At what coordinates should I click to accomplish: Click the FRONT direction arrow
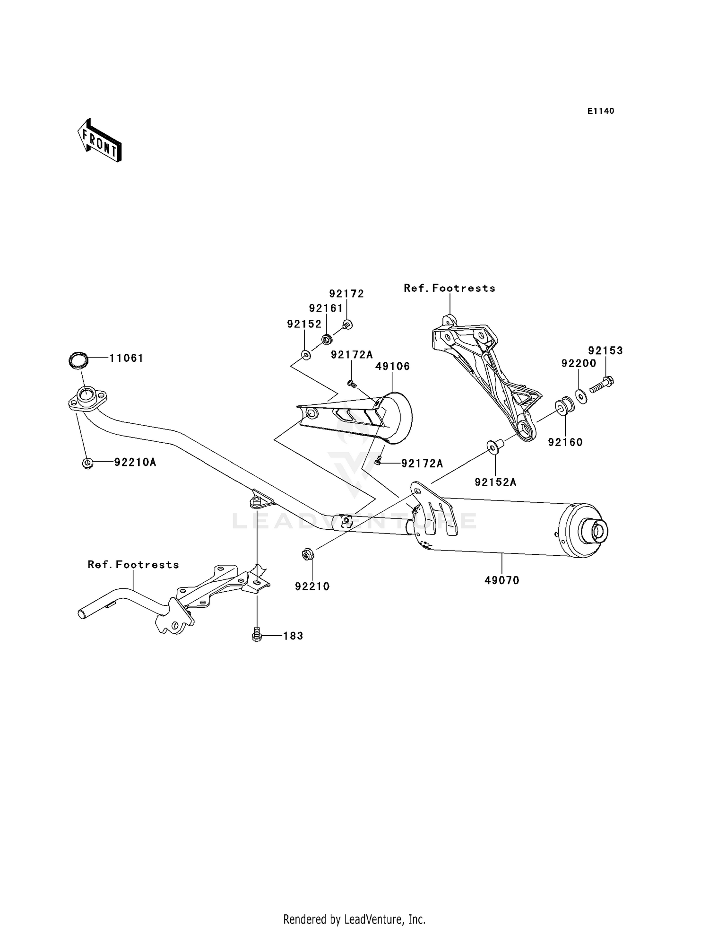(100, 140)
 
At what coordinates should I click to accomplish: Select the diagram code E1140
(601, 111)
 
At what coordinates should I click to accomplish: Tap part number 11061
(126, 358)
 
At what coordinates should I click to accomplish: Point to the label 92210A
(135, 462)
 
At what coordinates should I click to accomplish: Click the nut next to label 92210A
(87, 463)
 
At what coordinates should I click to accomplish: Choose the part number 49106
(392, 366)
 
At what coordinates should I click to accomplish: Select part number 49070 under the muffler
(502, 580)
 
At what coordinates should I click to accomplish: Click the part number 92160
(565, 442)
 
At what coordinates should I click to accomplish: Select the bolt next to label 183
(257, 634)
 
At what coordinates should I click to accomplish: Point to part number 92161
(326, 308)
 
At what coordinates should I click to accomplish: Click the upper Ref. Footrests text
(450, 288)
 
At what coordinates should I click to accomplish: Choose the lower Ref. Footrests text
(133, 564)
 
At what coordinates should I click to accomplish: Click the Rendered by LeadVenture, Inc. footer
(354, 919)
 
